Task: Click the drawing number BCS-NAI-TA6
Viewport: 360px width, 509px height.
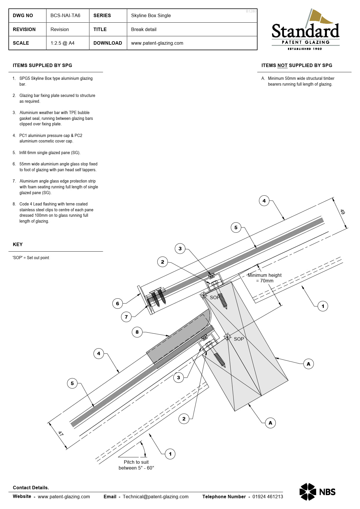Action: [x=65, y=16]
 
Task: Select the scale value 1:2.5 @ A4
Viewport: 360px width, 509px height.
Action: [x=62, y=43]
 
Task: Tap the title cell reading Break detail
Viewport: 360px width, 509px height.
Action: [x=144, y=30]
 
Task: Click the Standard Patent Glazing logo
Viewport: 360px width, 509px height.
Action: [x=305, y=30]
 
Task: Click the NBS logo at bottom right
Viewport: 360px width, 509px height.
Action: [x=317, y=492]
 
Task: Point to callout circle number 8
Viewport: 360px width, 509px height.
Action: [x=137, y=332]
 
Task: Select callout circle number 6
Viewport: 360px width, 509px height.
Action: [x=117, y=304]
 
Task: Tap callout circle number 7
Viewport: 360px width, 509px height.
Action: [x=126, y=317]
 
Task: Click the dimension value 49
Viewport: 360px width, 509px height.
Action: [x=343, y=212]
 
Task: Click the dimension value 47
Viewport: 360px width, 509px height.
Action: [x=61, y=434]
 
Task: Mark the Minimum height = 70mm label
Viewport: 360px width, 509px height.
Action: [x=264, y=278]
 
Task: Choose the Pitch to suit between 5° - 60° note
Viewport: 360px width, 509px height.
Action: [x=136, y=465]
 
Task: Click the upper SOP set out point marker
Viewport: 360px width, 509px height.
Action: [x=203, y=295]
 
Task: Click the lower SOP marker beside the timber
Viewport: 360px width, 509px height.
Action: [x=227, y=337]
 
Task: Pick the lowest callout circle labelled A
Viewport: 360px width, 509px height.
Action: [x=270, y=423]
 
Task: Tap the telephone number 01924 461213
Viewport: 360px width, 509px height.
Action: [x=267, y=497]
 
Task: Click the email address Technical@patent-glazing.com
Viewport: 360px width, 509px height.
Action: [x=155, y=497]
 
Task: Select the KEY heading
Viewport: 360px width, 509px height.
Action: [x=18, y=244]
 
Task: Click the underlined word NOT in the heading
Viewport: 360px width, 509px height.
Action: [x=282, y=66]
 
